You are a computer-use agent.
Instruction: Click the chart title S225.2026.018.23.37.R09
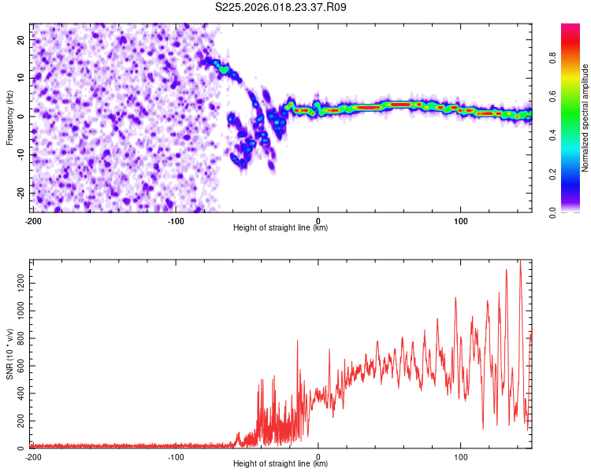(281, 7)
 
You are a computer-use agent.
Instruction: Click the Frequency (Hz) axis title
(9, 117)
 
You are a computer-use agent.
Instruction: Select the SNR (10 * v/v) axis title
(9, 353)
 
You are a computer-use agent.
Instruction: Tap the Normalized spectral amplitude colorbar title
(585, 118)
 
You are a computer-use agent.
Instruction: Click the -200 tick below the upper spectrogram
(33, 221)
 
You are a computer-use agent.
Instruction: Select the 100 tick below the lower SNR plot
(460, 457)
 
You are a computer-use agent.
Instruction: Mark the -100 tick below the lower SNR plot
(176, 457)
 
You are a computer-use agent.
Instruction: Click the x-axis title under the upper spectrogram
(281, 228)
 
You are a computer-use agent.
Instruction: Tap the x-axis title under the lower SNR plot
(281, 464)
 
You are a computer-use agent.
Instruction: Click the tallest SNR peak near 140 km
(520, 262)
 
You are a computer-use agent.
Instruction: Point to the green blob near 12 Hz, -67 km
(224, 70)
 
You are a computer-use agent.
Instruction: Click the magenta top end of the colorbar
(570, 28)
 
